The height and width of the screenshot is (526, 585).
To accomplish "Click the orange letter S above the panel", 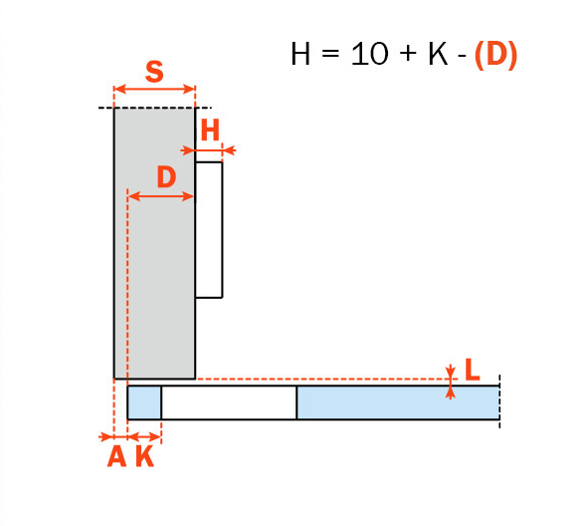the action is tap(154, 72).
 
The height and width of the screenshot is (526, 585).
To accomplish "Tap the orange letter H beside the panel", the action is tap(211, 131).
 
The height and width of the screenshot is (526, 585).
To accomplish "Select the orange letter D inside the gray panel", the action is tap(166, 176).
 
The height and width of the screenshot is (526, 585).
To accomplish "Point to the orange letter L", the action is tap(473, 370).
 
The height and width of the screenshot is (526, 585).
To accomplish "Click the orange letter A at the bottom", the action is tap(117, 456).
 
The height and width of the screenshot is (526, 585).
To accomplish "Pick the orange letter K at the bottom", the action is tap(145, 456).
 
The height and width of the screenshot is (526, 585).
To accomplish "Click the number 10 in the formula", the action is tap(369, 54).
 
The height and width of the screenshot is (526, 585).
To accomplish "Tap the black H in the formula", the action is tap(300, 54).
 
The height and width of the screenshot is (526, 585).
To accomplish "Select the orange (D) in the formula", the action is tap(495, 55).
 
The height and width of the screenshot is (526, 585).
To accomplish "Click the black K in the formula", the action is tap(438, 54).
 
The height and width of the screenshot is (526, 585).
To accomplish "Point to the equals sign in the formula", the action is tap(331, 53).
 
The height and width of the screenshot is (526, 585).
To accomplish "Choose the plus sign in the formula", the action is tap(408, 53).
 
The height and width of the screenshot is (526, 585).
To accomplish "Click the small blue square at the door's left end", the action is tap(144, 402).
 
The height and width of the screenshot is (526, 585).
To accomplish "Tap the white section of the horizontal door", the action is tap(229, 402).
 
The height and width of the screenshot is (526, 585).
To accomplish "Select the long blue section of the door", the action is tap(398, 402).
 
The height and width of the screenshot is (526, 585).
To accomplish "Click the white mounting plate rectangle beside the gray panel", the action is tap(209, 230).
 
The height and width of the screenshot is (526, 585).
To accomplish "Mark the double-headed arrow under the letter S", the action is tap(154, 89).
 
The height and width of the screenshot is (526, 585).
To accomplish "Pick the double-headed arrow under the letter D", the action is tap(161, 196).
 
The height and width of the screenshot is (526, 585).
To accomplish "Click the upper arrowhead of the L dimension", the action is tap(451, 373).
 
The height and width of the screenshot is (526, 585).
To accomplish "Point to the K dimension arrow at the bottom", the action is tap(144, 436).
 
